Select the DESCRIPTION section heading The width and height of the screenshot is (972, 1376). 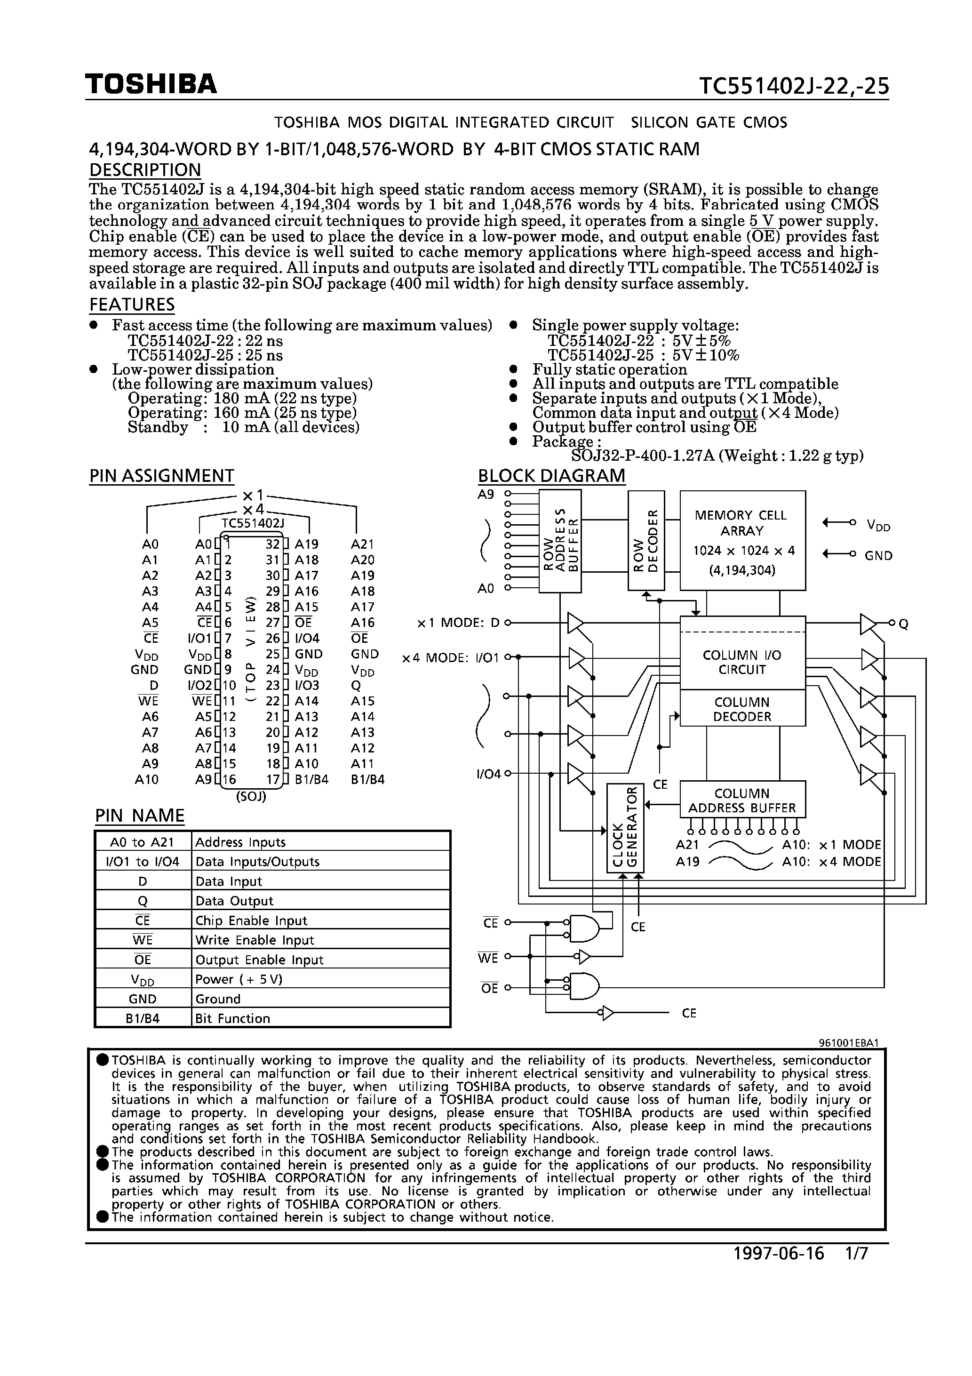pos(145,170)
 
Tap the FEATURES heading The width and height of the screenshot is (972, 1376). pos(132,304)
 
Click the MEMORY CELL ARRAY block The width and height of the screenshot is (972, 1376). pos(742,541)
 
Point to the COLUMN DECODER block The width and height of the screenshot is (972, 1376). pos(742,709)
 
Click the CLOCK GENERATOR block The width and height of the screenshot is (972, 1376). pos(625,828)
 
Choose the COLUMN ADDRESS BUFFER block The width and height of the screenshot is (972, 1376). pos(742,800)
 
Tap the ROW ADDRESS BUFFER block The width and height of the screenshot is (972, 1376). pos(560,541)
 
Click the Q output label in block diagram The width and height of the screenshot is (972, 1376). pos(904,624)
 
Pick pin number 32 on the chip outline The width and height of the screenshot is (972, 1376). pos(273,544)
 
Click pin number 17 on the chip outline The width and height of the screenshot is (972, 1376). pos(273,780)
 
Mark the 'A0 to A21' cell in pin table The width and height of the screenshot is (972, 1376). pos(142,842)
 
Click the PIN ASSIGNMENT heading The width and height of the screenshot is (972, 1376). pos(161,476)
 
